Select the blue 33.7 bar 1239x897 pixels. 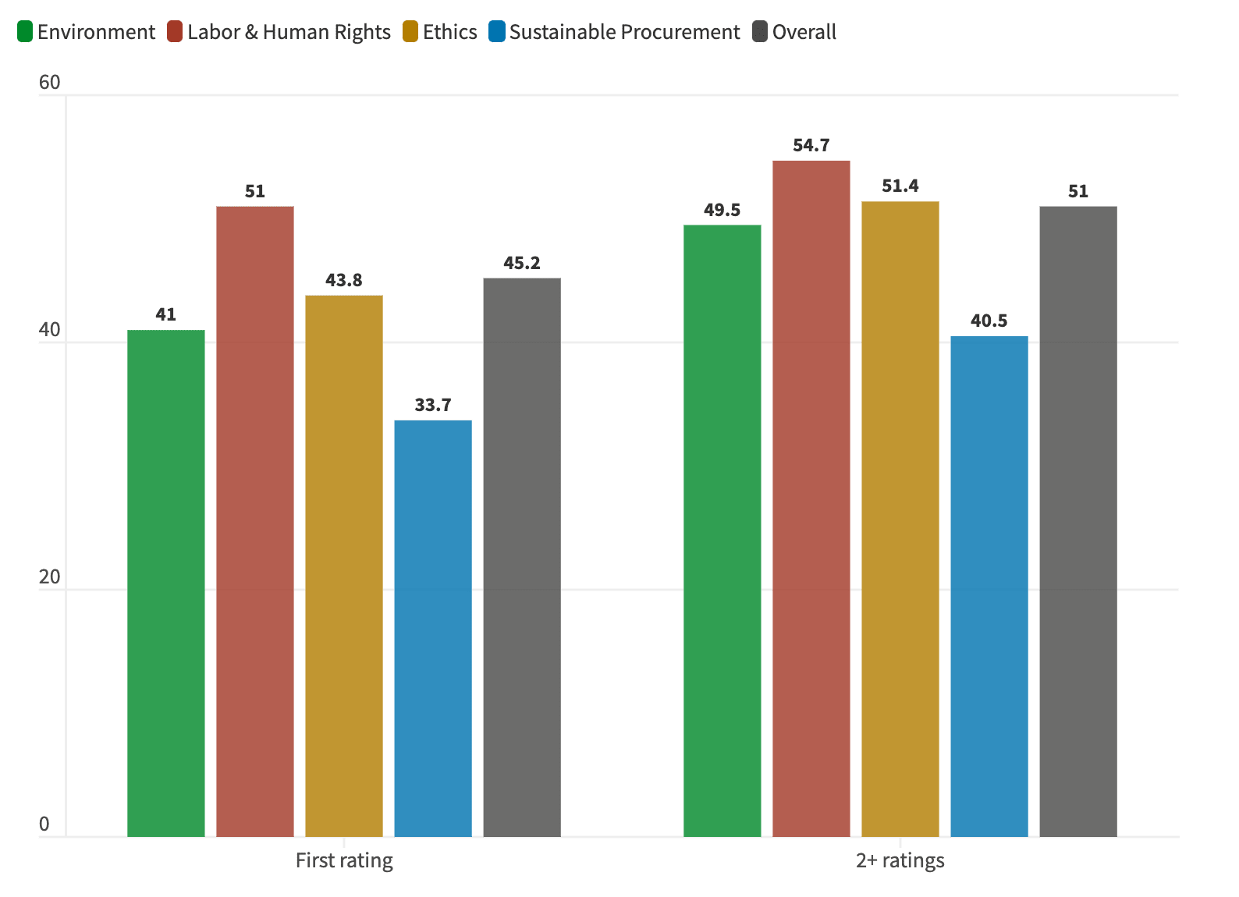click(433, 629)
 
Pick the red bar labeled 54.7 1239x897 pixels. click(811, 498)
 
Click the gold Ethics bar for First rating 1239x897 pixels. click(344, 566)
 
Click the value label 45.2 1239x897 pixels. click(522, 264)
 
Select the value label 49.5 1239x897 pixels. click(722, 211)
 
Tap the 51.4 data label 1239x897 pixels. click(900, 186)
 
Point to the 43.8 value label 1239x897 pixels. click(344, 281)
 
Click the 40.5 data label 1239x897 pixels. click(989, 321)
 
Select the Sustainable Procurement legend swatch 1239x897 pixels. click(497, 32)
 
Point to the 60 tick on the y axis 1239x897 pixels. click(49, 83)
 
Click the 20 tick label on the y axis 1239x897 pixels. click(49, 577)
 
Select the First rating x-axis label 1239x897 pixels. click(344, 861)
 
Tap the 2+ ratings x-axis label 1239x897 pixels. click(900, 861)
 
